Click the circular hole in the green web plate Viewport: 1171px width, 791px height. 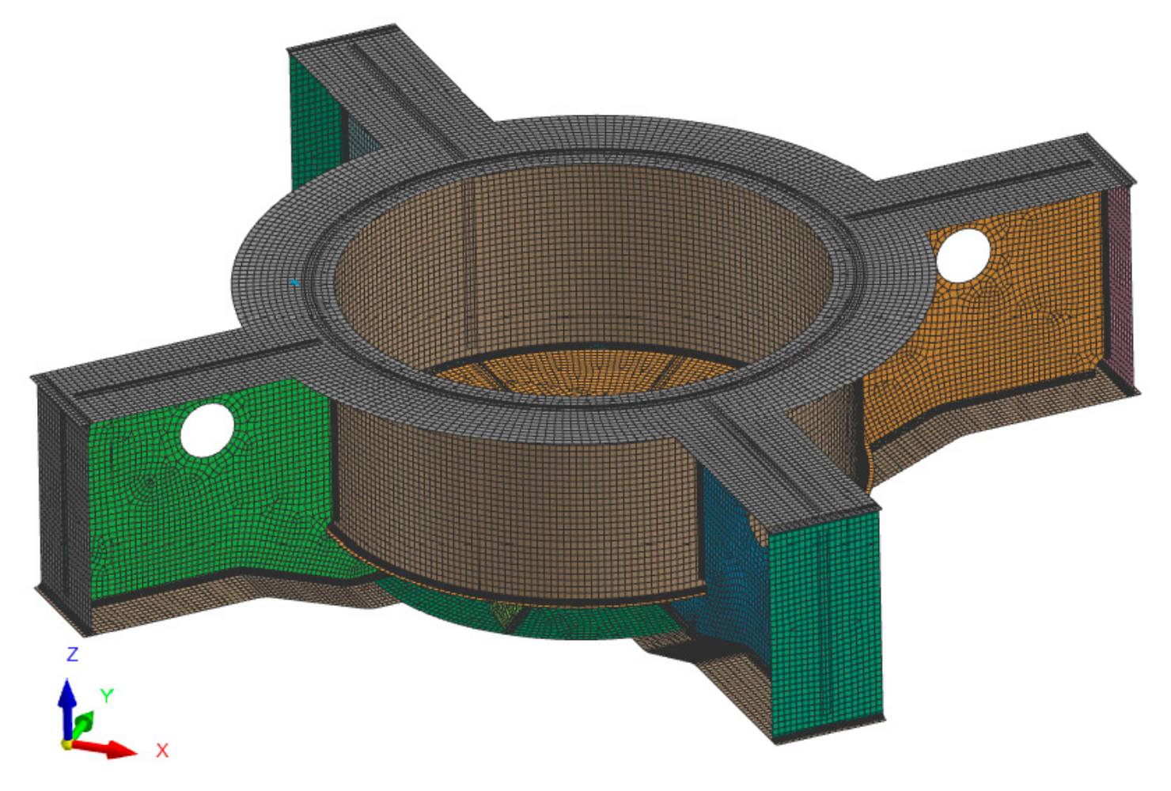pos(207,430)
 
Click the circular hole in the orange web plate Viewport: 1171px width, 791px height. pos(963,255)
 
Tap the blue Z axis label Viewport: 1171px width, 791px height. pos(72,654)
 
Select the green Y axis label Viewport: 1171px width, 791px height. pos(107,695)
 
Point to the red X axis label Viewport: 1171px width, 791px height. pos(162,751)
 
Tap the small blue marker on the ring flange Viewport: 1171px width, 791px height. pos(294,282)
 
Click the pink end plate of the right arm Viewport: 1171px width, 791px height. pos(1120,285)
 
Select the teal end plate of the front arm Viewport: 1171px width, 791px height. pos(827,617)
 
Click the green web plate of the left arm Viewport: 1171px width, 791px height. pos(237,506)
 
